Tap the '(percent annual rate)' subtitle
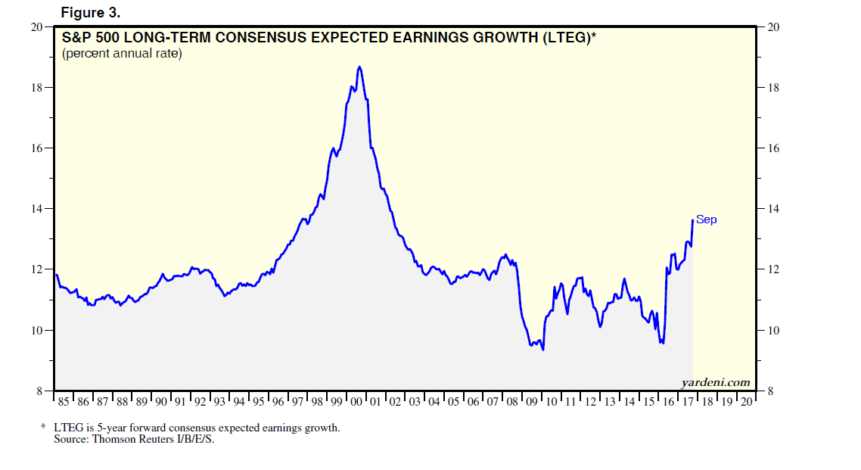[122, 54]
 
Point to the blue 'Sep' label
[706, 219]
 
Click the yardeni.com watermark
[715, 382]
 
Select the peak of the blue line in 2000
[359, 67]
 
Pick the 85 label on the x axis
[64, 402]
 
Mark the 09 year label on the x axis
[532, 402]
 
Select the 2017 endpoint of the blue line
[692, 220]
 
